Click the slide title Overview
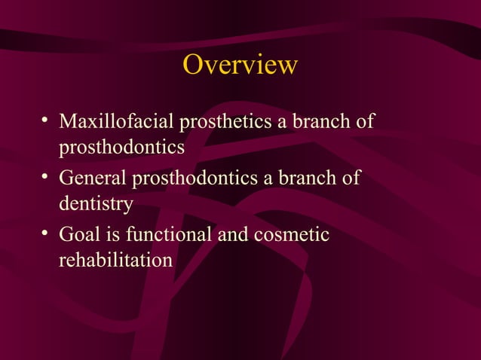coord(240,66)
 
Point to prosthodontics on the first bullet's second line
coord(121,145)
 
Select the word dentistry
coord(96,203)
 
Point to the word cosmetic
coord(291,236)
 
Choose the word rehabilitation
coord(115,261)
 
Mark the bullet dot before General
coord(46,178)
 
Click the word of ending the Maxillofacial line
coord(366,121)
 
